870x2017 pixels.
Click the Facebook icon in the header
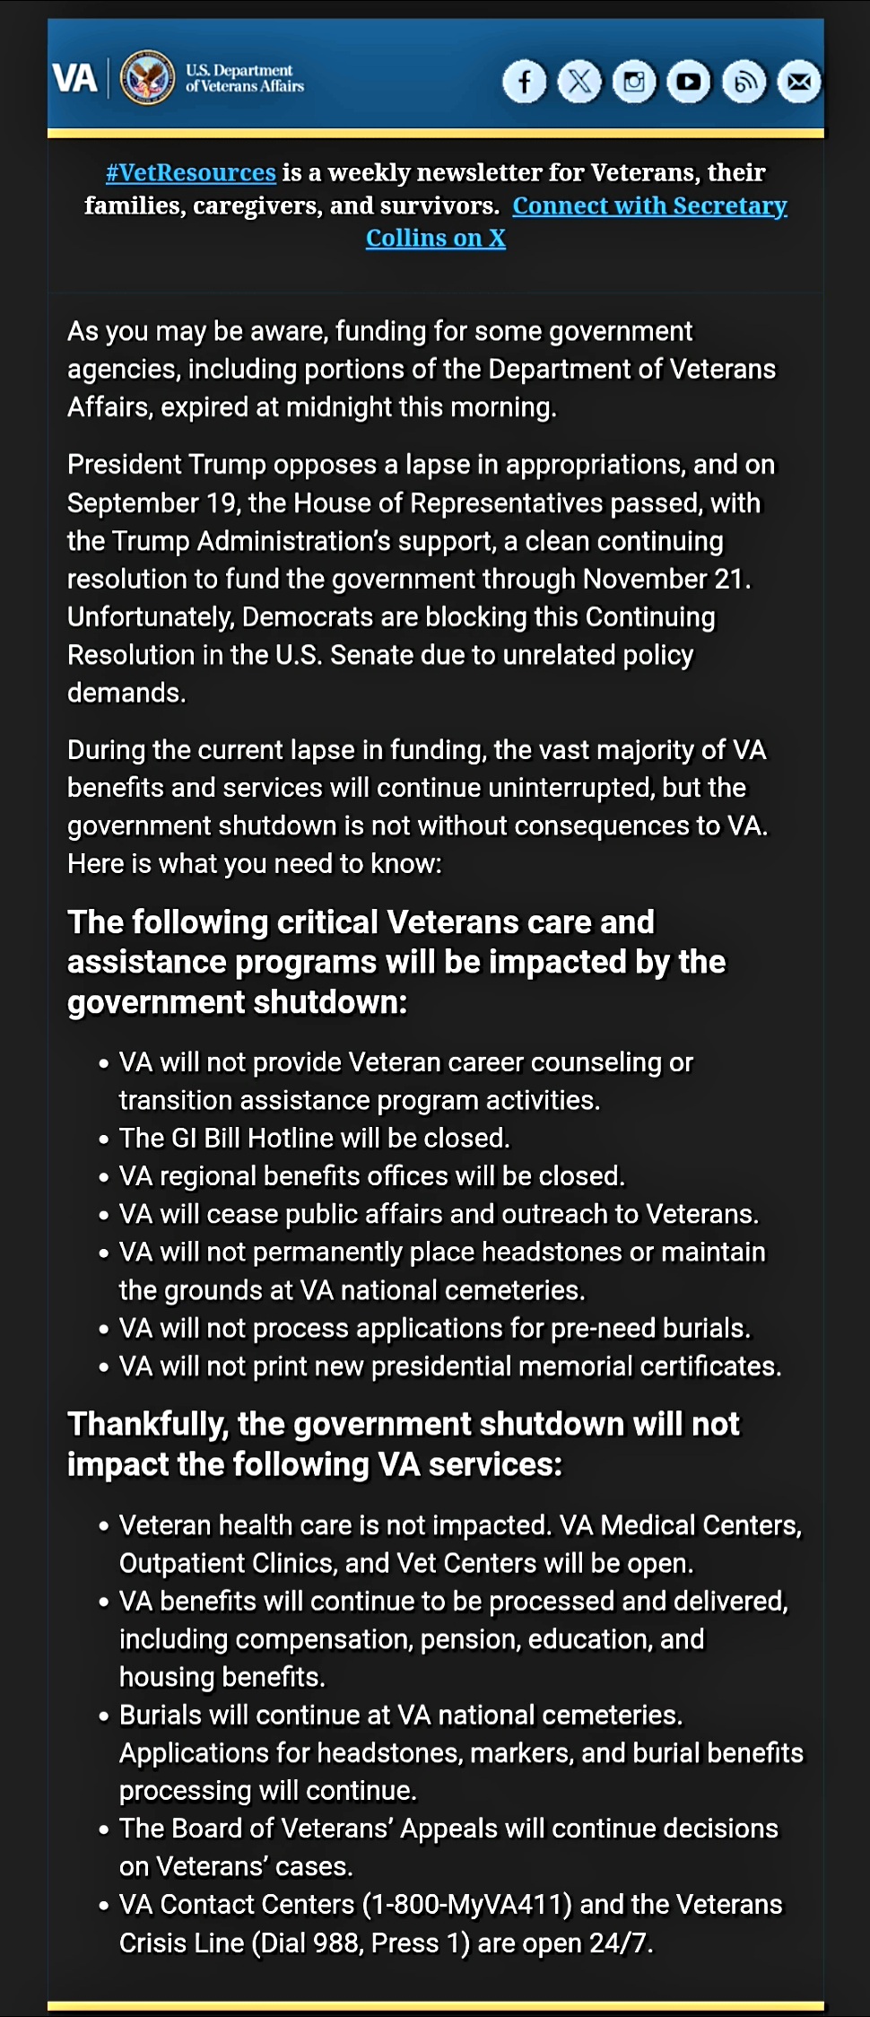pyautogui.click(x=525, y=83)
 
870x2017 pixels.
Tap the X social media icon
pyautogui.click(x=580, y=83)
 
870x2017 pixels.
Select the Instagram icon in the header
pyautogui.click(x=635, y=83)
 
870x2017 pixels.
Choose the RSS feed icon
pyautogui.click(x=744, y=83)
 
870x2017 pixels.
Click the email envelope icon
pyautogui.click(x=799, y=83)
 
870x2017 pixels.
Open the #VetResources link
pyautogui.click(x=190, y=172)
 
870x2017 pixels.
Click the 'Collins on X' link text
pyautogui.click(x=436, y=239)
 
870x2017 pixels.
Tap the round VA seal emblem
pyautogui.click(x=148, y=78)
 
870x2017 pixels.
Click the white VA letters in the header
pyautogui.click(x=74, y=79)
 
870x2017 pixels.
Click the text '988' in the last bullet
pyautogui.click(x=337, y=1943)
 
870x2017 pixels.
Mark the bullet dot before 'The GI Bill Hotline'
pyautogui.click(x=104, y=1139)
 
